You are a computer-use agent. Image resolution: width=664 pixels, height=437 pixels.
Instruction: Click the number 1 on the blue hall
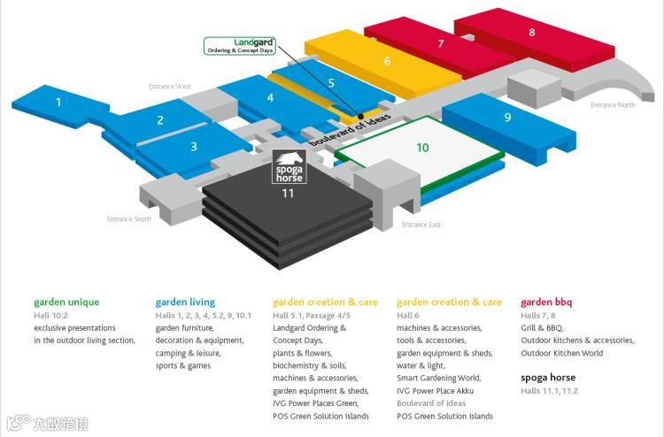(58, 103)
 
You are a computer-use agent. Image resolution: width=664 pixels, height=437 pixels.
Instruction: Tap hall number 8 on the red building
(532, 32)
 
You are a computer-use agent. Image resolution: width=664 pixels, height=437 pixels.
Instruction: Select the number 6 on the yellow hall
(387, 61)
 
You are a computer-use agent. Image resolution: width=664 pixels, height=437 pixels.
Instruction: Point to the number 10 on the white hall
(422, 148)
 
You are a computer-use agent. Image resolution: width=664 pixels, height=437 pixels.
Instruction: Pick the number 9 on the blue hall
(507, 117)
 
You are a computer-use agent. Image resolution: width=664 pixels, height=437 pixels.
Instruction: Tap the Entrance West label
(170, 86)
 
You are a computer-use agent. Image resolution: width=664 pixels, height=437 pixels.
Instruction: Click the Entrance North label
(613, 105)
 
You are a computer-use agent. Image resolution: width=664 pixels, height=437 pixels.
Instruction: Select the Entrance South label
(128, 219)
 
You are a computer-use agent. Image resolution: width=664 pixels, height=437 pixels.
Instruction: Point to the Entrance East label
(421, 225)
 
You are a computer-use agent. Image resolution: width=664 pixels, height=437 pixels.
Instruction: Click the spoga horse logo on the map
(288, 168)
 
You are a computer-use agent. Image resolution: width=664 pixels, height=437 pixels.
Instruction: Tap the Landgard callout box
(240, 46)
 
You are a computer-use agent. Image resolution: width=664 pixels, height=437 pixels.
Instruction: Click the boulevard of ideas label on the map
(350, 132)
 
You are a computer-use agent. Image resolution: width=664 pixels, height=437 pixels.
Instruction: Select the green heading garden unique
(66, 303)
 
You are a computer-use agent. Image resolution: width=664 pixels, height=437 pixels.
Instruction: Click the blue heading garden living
(185, 303)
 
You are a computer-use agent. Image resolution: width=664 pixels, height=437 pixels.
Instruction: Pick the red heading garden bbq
(546, 303)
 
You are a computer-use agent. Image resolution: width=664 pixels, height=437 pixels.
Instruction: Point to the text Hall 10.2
(51, 316)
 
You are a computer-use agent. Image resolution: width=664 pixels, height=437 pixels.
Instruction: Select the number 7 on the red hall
(441, 42)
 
